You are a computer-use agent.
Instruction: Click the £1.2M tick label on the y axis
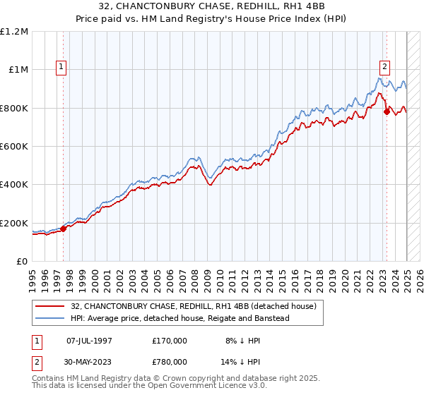click(14, 31)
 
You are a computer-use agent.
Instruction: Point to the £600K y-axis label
click(14, 146)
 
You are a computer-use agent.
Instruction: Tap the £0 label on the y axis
click(23, 261)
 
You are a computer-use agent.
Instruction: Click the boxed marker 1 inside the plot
click(62, 67)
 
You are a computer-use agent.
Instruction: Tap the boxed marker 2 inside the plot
click(385, 67)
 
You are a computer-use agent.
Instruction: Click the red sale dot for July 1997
click(64, 228)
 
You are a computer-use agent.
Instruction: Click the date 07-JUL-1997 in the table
click(89, 340)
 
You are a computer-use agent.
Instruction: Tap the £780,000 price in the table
click(170, 361)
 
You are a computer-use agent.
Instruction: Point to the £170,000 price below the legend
click(170, 340)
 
